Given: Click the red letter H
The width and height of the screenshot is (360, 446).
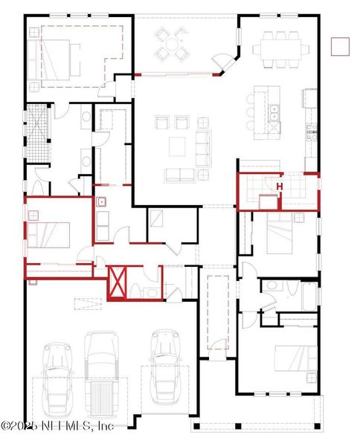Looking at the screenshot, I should [x=280, y=186].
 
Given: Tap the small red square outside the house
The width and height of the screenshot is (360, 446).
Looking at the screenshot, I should [x=340, y=45].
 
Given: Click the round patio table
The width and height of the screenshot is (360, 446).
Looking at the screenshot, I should [x=172, y=45].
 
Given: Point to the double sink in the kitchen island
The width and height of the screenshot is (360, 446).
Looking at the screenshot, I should [x=274, y=112].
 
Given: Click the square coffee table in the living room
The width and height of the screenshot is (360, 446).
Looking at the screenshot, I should [x=177, y=146].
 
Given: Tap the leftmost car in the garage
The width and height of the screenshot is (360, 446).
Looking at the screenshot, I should [x=57, y=379].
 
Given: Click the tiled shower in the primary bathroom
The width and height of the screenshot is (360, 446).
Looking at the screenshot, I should [x=37, y=132].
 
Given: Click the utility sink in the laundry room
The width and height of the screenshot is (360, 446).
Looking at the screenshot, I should [x=100, y=201].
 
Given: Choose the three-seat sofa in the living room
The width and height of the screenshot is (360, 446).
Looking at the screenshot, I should [x=203, y=148].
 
